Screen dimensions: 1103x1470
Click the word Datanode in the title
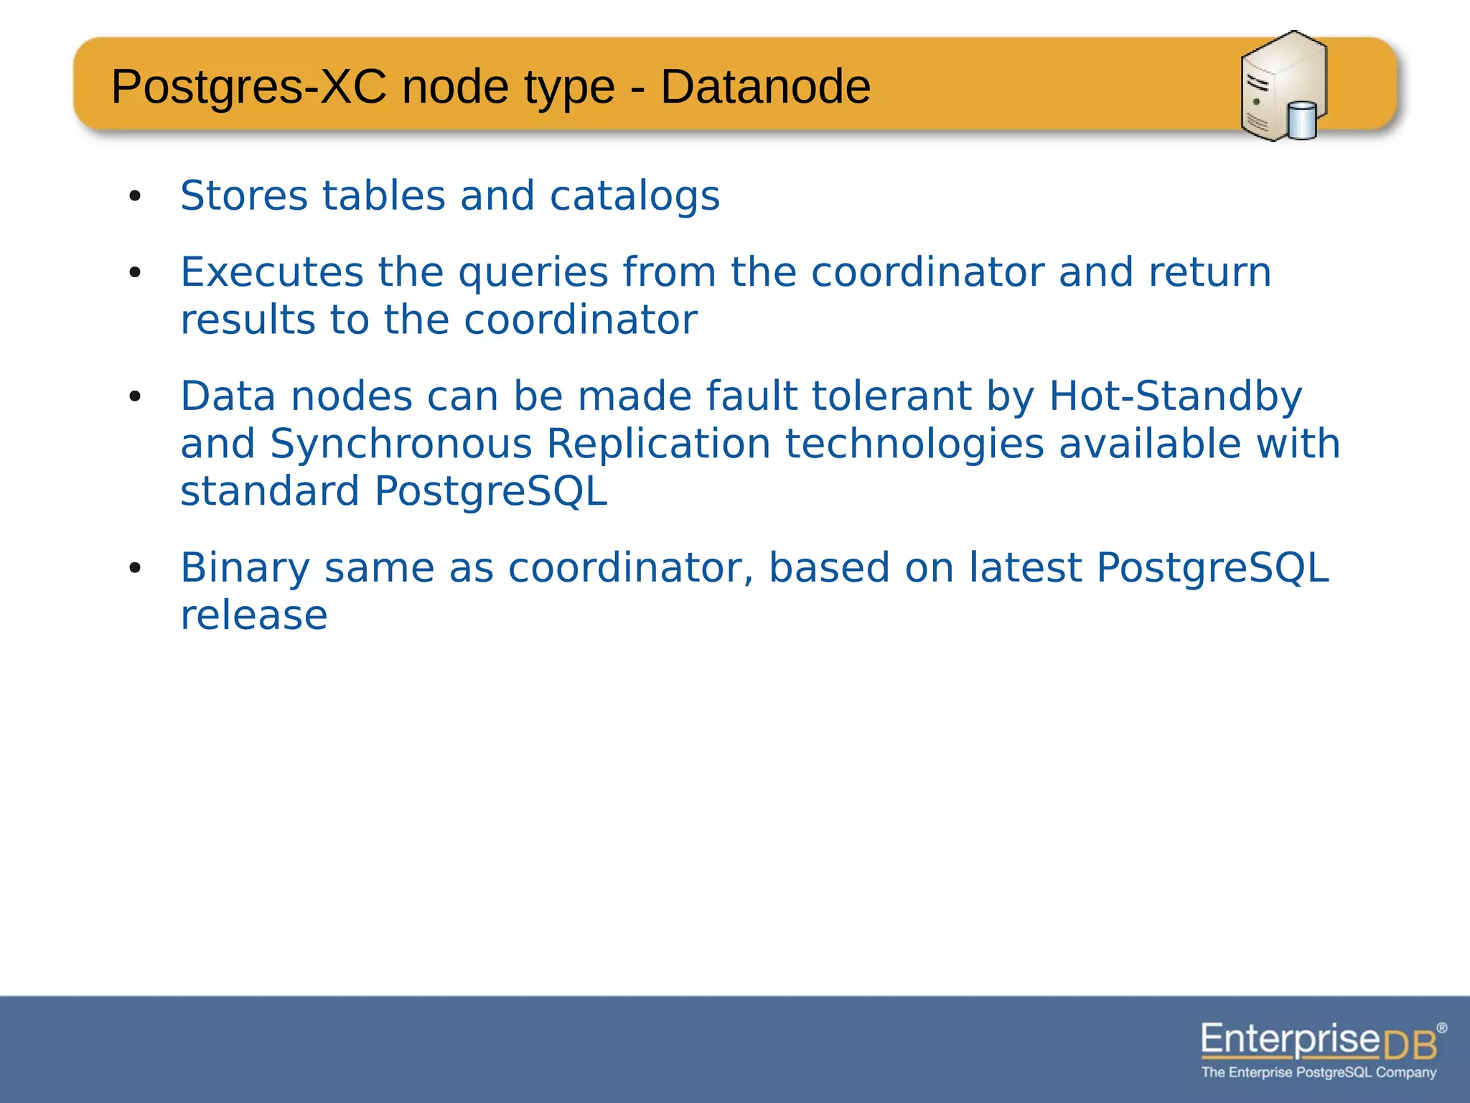(x=765, y=88)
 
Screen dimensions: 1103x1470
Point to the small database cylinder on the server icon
(x=1302, y=121)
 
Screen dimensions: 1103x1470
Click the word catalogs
(x=635, y=196)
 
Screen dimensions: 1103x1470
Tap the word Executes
(x=272, y=272)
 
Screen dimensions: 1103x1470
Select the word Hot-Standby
(x=1175, y=396)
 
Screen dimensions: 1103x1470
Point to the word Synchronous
(x=401, y=444)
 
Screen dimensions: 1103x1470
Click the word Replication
(x=658, y=444)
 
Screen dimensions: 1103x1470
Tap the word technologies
(x=914, y=444)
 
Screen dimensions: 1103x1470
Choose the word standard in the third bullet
(x=270, y=491)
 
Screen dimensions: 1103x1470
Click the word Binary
(x=245, y=568)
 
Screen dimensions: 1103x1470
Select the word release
(x=254, y=615)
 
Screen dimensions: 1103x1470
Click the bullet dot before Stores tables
(x=135, y=196)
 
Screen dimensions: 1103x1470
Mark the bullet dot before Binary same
(x=135, y=569)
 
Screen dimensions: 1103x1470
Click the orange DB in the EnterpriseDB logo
(x=1410, y=1044)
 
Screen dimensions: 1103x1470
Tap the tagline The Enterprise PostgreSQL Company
(x=1319, y=1072)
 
